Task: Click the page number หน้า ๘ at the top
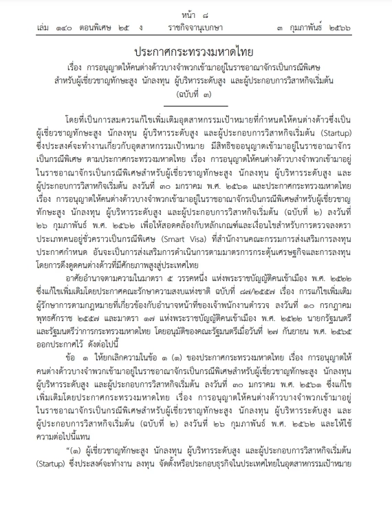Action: click(x=195, y=12)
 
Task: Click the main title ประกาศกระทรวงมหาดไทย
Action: click(x=196, y=53)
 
